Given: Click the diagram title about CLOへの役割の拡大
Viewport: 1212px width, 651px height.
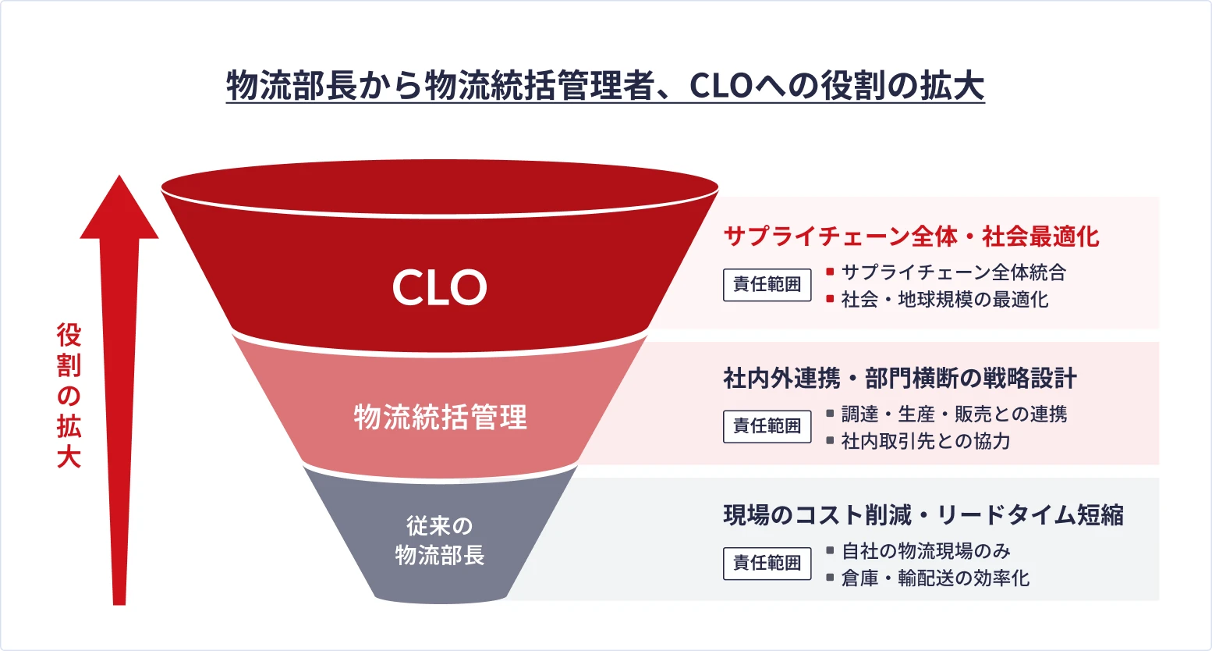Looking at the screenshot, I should tap(605, 86).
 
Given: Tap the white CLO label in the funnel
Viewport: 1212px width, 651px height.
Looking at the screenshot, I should tap(439, 287).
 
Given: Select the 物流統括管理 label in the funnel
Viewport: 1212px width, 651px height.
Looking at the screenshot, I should tap(441, 417).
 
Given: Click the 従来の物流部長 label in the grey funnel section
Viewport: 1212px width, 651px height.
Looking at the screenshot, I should tap(440, 540).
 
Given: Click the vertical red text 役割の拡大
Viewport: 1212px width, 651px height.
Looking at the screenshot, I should tap(69, 396).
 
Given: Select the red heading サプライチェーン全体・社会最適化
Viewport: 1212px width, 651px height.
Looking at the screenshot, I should tap(911, 236).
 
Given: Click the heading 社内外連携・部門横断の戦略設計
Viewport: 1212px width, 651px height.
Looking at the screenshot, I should tap(900, 379).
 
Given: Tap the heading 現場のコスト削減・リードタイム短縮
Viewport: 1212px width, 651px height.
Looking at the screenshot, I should tap(923, 515).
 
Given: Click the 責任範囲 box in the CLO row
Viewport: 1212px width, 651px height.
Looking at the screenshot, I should tap(767, 285).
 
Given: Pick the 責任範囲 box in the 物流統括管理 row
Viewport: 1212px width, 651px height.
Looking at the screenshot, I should tap(767, 426).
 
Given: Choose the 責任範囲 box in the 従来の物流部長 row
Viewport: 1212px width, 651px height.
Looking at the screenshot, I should tap(767, 563).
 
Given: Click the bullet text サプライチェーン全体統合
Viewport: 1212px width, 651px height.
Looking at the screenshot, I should tap(953, 272).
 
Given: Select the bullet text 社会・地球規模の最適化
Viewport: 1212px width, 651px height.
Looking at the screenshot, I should tap(944, 299).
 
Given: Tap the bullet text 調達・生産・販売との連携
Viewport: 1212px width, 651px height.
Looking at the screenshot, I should tap(954, 414).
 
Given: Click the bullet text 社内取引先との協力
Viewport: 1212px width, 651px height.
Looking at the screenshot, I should tap(926, 441).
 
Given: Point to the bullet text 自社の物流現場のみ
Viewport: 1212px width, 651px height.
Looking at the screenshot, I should tap(926, 551).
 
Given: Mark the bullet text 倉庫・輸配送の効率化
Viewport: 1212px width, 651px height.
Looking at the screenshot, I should tap(935, 578).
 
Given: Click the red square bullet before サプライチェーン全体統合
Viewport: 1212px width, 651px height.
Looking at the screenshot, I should tap(830, 272).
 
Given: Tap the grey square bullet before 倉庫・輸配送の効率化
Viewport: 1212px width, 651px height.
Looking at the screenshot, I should tap(830, 578).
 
